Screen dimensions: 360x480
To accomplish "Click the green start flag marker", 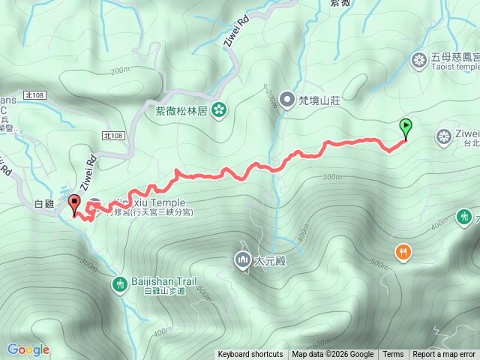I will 406,127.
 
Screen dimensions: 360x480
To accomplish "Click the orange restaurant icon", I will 403,252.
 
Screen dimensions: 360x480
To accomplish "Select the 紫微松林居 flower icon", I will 219,110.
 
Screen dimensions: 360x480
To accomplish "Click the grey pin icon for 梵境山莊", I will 286,99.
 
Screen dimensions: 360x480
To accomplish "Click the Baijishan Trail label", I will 164,281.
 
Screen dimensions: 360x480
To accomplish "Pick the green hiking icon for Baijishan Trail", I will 119,284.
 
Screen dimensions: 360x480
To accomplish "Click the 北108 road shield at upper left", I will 34,94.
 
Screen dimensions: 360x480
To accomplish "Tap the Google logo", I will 28,349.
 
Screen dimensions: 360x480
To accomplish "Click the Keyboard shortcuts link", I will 250,355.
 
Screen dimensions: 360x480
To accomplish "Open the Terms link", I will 393,355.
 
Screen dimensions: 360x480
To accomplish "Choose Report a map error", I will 444,355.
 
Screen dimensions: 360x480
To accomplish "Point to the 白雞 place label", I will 45,204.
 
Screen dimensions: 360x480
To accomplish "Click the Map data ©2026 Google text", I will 333,355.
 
